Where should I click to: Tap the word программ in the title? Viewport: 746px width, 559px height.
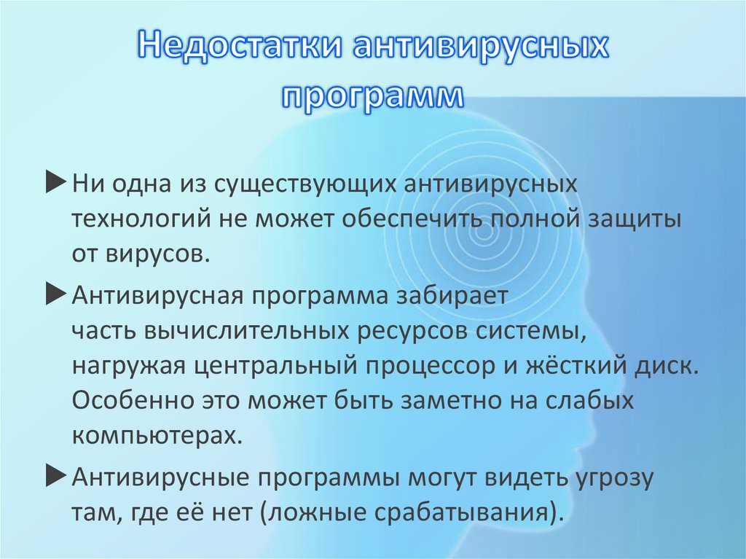pyautogui.click(x=372, y=95)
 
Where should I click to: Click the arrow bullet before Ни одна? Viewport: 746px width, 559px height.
pyautogui.click(x=56, y=184)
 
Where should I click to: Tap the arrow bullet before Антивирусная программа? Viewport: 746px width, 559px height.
pyautogui.click(x=56, y=295)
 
